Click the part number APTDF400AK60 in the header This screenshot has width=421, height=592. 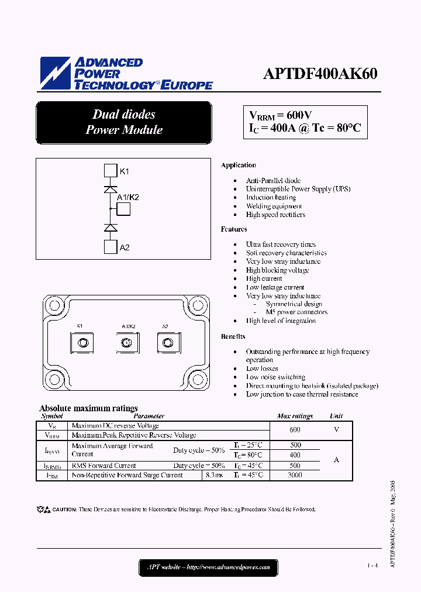click(320, 74)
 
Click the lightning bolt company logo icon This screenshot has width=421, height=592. click(55, 74)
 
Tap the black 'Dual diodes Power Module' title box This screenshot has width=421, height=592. click(123, 122)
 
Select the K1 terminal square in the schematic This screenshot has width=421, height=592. click(111, 171)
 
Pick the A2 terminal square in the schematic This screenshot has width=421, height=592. click(111, 247)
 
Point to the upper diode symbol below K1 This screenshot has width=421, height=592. click(111, 189)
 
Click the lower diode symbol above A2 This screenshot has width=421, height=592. click(111, 227)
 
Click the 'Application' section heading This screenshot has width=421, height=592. click(238, 166)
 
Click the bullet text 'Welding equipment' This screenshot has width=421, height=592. click(274, 206)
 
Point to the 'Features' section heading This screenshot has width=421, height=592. click(234, 229)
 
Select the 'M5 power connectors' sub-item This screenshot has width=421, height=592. click(296, 312)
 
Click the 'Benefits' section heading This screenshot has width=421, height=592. click(233, 336)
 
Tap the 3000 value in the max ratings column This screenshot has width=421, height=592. click(295, 475)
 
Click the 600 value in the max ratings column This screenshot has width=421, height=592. click(295, 429)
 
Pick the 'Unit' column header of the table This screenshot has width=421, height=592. click(336, 416)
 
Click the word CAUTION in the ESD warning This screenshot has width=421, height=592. click(64, 510)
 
